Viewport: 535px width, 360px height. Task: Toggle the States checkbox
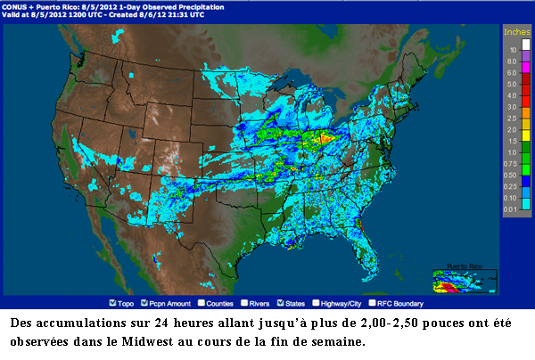pos(282,302)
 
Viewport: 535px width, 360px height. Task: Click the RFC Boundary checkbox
pos(374,302)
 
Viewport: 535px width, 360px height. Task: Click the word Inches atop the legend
pos(516,31)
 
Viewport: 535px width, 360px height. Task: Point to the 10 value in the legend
pos(512,50)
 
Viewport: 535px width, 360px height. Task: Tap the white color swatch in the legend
pos(524,42)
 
